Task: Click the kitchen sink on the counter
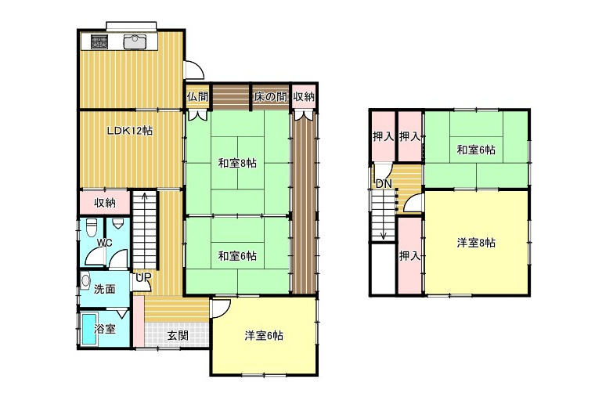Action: coord(135,42)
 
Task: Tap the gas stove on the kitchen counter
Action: coord(99,42)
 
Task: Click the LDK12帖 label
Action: coord(130,131)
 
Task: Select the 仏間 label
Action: coord(197,96)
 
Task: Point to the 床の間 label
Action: coord(270,97)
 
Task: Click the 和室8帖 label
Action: coord(237,164)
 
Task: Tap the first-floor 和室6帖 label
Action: coord(237,256)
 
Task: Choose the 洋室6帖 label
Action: coord(264,335)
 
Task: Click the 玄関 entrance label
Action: coord(178,335)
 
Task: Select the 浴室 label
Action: coord(105,329)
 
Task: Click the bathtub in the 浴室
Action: coord(90,330)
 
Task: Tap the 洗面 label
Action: coord(105,289)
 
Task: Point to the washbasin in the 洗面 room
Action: coord(85,281)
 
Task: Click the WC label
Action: coord(104,243)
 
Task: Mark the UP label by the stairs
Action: coord(143,277)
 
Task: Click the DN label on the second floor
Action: coord(384,185)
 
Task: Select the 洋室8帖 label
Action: coord(476,243)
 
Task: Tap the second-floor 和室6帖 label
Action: coord(476,150)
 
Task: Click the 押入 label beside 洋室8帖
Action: coord(409,256)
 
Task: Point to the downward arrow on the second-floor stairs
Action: coord(384,215)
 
